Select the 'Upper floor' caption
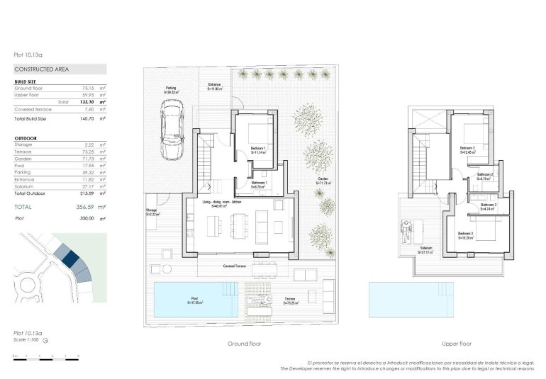(x=457, y=344)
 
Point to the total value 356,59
(x=84, y=207)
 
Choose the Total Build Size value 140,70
(x=88, y=119)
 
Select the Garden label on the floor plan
(x=323, y=181)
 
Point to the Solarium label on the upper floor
(x=425, y=250)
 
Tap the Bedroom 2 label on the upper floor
(x=467, y=149)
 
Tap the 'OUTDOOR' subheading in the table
(x=26, y=138)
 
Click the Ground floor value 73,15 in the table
(x=88, y=89)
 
